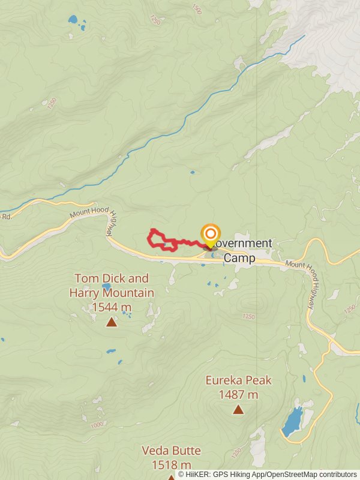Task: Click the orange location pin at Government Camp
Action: click(210, 235)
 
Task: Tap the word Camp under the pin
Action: click(239, 258)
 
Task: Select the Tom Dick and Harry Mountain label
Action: click(112, 286)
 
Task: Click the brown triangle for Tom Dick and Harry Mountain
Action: click(111, 322)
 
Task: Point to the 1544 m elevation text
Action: click(112, 307)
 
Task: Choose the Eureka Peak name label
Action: click(238, 380)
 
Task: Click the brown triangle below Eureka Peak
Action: click(238, 410)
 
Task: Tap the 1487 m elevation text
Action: click(238, 394)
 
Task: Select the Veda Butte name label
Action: click(171, 451)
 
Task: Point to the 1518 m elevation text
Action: click(171, 464)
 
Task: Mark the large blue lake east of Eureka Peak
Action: click(292, 421)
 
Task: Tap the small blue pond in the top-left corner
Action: click(73, 19)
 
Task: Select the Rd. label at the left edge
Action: click(6, 216)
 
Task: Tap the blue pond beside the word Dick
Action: click(106, 286)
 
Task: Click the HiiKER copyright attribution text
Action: click(267, 474)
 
